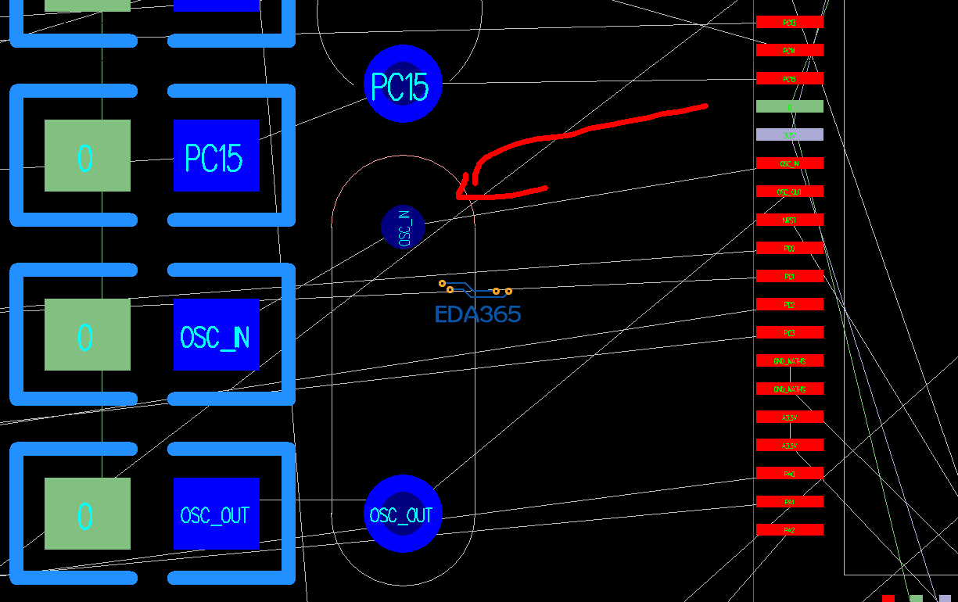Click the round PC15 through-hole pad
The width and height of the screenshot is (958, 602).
403,84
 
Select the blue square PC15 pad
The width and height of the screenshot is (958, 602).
216,156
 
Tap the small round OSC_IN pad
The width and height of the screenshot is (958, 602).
403,228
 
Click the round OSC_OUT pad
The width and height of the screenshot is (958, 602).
403,514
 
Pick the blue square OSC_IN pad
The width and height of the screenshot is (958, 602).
216,335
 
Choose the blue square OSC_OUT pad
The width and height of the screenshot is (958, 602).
216,514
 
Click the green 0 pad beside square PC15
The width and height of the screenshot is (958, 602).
87,156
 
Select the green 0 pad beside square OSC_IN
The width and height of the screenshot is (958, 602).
87,335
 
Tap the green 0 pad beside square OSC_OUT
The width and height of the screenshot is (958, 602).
87,514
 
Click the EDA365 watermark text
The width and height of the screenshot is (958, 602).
478,314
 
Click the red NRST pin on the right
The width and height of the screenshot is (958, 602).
789,220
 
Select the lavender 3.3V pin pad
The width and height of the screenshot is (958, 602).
789,134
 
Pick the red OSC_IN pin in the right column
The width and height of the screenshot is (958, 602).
789,163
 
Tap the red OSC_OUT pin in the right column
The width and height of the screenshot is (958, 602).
789,192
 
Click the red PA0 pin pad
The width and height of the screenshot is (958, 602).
789,473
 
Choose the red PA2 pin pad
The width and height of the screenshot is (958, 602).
789,530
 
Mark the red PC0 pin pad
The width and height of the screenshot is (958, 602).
789,248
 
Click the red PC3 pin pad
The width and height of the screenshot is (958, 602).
789,332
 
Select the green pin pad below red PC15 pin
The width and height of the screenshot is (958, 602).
789,106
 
